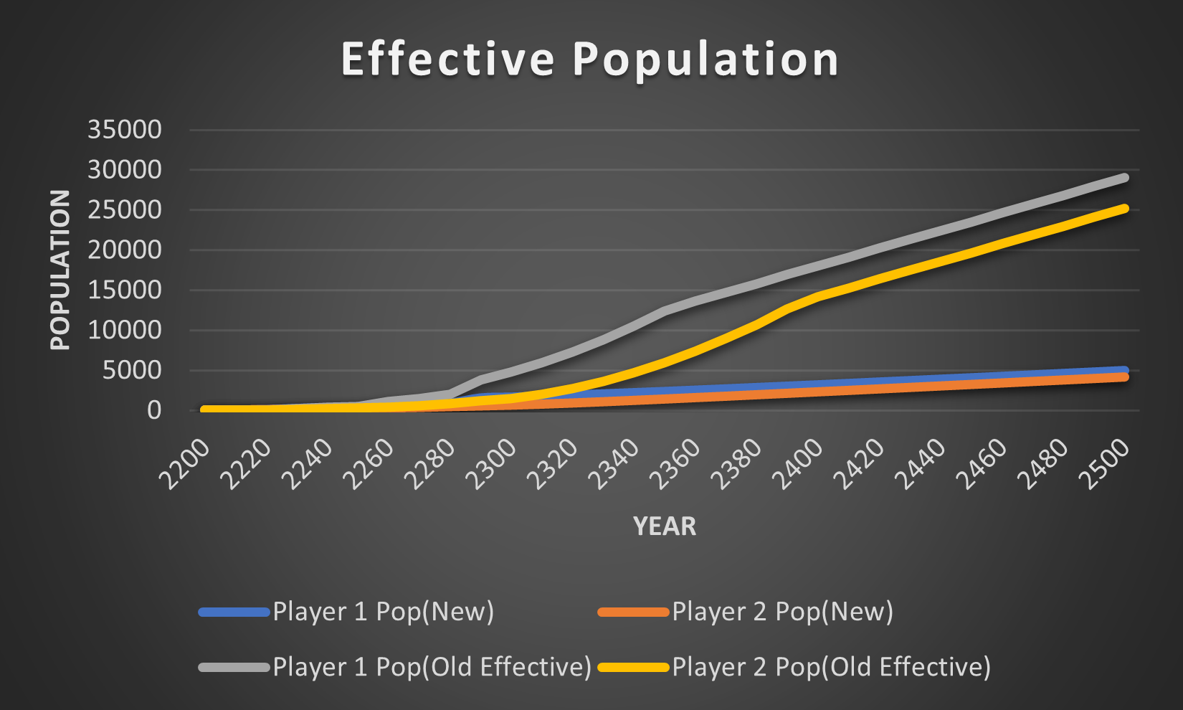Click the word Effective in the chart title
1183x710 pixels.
[x=448, y=59]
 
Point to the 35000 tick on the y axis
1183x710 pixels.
[x=125, y=130]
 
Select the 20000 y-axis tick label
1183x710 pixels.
[x=125, y=250]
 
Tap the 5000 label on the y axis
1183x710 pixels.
[x=132, y=371]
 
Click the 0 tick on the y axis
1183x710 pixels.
[x=154, y=410]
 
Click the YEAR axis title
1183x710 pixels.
[x=664, y=526]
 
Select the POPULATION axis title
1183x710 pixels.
[x=60, y=270]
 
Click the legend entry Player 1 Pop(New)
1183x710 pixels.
[x=383, y=612]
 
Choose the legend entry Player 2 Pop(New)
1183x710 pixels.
[x=782, y=612]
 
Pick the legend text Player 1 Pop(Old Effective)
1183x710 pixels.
[x=432, y=667]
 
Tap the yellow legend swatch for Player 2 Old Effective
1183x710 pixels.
[x=633, y=667]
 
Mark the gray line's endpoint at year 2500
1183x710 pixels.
[x=1124, y=177]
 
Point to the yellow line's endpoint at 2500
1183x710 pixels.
[x=1124, y=208]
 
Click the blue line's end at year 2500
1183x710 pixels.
[x=1124, y=369]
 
